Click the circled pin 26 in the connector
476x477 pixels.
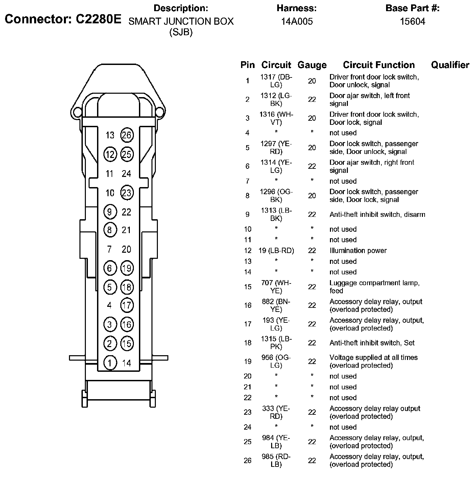[x=127, y=135]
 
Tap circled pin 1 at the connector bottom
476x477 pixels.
[x=110, y=363]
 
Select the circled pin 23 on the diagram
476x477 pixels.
[x=127, y=193]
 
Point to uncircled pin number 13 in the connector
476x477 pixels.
[x=110, y=135]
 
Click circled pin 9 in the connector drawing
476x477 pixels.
[x=110, y=212]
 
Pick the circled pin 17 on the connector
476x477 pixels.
[x=127, y=305]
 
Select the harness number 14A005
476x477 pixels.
[x=297, y=22]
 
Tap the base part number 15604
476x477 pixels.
[x=412, y=22]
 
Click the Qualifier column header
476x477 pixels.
[x=450, y=65]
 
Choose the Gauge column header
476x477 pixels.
[x=312, y=65]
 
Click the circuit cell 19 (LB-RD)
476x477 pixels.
[x=276, y=251]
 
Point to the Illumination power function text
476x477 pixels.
[x=358, y=251]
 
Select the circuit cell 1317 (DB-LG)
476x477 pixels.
[x=276, y=81]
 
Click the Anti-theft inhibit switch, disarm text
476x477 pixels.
[x=377, y=214]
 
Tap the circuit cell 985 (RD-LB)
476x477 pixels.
[x=276, y=460]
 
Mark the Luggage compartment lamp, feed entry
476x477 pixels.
[x=374, y=287]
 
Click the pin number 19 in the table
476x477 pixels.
[x=247, y=362]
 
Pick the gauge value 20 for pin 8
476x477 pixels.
[x=312, y=196]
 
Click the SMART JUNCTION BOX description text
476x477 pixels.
[x=181, y=22]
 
